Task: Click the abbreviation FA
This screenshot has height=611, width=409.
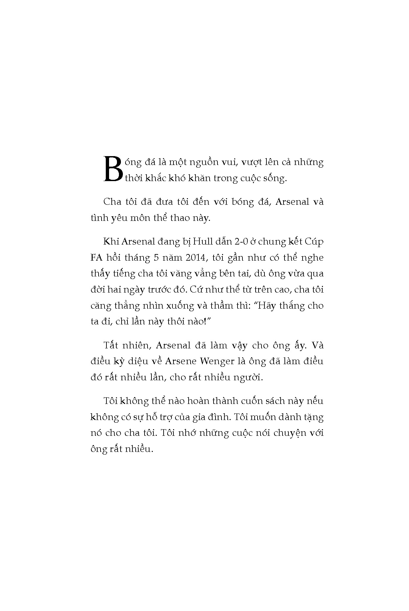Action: point(97,258)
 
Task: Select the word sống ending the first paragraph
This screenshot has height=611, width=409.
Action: point(276,179)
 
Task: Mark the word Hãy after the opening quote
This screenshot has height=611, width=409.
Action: point(266,306)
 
